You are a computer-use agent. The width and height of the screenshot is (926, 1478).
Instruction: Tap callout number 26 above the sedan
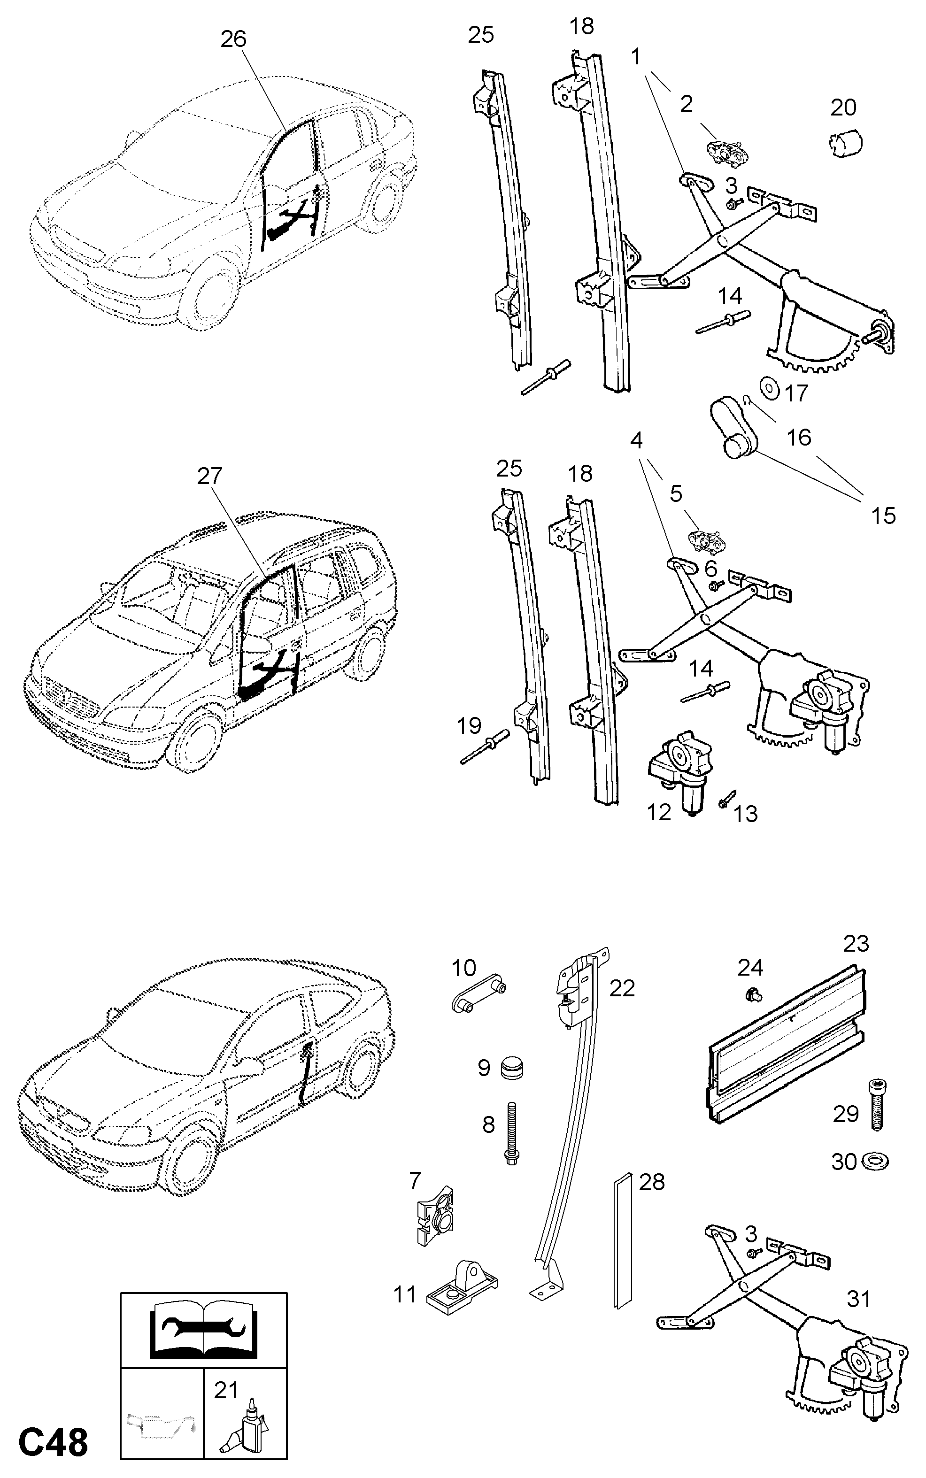pyautogui.click(x=233, y=39)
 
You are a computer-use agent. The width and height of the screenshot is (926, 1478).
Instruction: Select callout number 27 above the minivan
pyautogui.click(x=209, y=476)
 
